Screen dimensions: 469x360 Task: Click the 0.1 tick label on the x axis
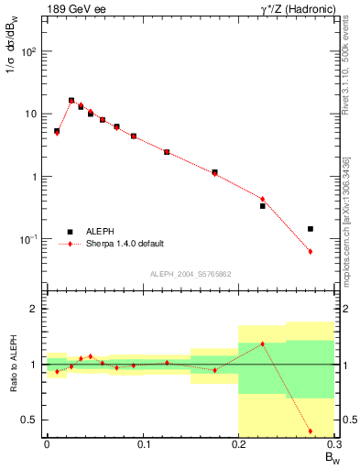(142, 446)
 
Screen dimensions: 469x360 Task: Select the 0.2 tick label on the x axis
(238, 446)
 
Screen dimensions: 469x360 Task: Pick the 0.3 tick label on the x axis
(333, 446)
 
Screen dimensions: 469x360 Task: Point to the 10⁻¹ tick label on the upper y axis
(27, 239)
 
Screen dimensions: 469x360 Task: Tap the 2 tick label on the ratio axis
(33, 309)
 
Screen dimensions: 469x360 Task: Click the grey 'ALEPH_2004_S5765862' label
(191, 274)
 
